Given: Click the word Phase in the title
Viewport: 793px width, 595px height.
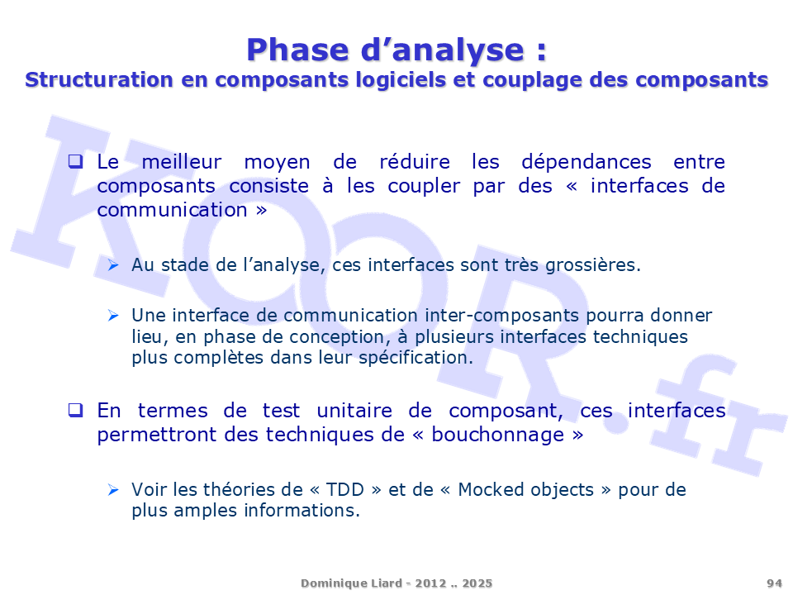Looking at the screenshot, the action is coord(297,50).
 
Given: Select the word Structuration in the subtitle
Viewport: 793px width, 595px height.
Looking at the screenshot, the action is coord(99,80).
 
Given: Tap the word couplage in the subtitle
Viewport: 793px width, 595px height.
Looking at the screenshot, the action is coord(533,81).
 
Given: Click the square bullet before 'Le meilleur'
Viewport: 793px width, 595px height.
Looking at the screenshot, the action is coord(75,161).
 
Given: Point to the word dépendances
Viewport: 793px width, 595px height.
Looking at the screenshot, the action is coord(586,162).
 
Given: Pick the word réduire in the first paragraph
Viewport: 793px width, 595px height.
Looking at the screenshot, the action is coord(414,162).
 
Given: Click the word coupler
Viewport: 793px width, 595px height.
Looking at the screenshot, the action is coord(424,187).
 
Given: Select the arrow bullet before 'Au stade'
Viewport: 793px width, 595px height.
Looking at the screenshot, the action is coord(113,264).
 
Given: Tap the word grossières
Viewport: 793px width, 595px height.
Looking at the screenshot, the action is coord(593,265).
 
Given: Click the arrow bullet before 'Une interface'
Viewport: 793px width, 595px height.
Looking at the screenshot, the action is coord(113,316).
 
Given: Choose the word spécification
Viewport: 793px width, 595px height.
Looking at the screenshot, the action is coord(415,358).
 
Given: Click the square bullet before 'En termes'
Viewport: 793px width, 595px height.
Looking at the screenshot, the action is coord(75,410).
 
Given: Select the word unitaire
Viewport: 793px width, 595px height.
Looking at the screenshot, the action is coord(354,411).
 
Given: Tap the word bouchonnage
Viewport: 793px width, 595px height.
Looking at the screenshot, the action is coord(497,436).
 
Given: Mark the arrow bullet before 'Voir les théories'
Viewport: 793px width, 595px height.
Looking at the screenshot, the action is coord(113,490).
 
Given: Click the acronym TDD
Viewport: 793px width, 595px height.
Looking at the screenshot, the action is coord(345,490).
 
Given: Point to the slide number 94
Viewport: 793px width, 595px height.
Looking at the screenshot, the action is coord(774,583).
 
